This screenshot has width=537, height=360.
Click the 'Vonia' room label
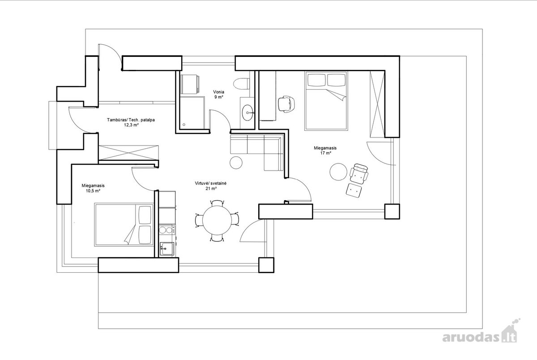(x=219, y=92)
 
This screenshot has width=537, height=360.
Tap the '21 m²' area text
(x=211, y=189)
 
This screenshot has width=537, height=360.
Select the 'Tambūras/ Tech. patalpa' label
(x=131, y=120)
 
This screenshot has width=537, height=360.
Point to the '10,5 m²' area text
(x=93, y=191)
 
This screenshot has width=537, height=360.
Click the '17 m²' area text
(x=326, y=153)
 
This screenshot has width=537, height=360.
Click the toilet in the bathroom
(x=241, y=84)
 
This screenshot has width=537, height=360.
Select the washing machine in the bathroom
(x=190, y=84)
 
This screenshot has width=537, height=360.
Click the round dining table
(x=217, y=220)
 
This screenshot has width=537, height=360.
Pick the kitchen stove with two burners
(x=167, y=230)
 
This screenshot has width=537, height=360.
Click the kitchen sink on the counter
(x=167, y=249)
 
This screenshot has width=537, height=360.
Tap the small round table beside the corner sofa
(x=236, y=163)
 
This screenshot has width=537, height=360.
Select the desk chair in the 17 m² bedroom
(x=286, y=104)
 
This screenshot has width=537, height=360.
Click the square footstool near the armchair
(x=354, y=190)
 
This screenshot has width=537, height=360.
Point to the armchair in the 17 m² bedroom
(x=359, y=174)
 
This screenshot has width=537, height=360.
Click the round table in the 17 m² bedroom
(x=338, y=172)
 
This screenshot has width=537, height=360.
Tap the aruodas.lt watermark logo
(x=479, y=333)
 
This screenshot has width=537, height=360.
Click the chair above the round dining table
(x=217, y=203)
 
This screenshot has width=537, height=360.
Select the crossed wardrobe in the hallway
(x=128, y=152)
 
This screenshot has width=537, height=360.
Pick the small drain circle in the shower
(x=184, y=125)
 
